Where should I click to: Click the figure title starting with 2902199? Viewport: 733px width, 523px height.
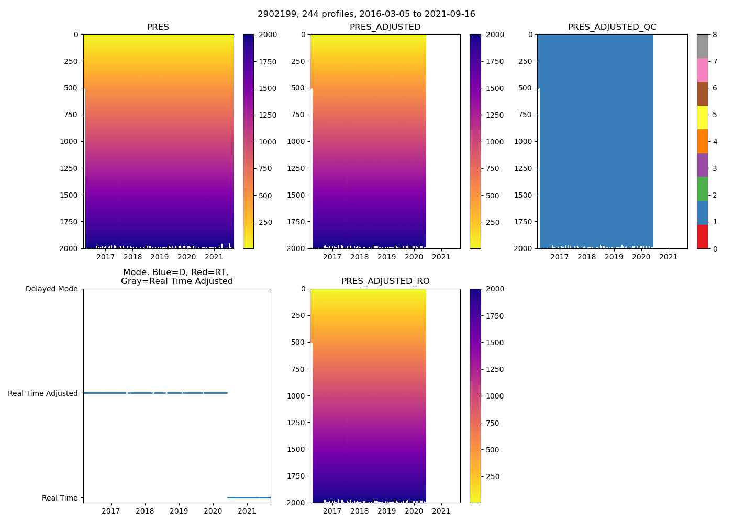[366, 14]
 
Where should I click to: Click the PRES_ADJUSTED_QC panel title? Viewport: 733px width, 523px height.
[612, 27]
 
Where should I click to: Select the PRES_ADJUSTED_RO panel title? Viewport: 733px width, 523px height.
[385, 281]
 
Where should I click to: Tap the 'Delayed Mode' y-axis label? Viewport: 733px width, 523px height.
[51, 289]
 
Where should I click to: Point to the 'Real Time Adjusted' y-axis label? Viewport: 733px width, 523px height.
[43, 393]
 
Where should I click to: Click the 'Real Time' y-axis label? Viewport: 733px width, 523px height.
[60, 498]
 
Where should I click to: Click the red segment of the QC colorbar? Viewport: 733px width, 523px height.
[702, 237]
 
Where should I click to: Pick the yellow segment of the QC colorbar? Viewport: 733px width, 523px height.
[702, 118]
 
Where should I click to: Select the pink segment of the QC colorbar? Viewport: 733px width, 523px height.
[702, 70]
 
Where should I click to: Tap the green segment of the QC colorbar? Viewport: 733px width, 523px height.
[702, 189]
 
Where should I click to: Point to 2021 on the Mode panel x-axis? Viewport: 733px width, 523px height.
[247, 511]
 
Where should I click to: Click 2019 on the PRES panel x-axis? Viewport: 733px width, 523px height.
[160, 257]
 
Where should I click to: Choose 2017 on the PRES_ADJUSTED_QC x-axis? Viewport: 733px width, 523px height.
[560, 257]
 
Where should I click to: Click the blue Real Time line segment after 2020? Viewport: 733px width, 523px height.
[249, 497]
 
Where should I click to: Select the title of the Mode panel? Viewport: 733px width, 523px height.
[177, 277]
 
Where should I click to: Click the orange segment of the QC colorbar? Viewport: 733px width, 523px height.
[702, 141]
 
